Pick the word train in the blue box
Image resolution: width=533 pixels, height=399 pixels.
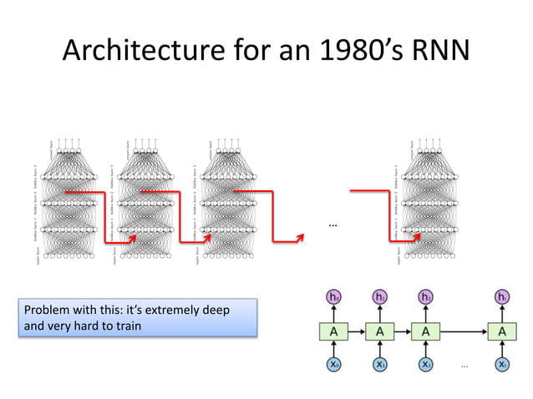click(124, 326)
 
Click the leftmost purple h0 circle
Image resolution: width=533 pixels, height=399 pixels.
click(334, 297)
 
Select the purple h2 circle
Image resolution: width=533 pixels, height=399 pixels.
click(426, 297)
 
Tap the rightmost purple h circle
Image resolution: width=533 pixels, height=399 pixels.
click(502, 297)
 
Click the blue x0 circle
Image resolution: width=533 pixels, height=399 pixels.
click(334, 364)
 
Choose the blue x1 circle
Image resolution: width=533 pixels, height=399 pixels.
click(380, 364)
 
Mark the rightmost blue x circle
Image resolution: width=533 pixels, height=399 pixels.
click(502, 364)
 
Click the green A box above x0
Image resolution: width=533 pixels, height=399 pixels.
click(334, 331)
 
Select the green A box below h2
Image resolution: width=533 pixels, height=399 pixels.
click(426, 331)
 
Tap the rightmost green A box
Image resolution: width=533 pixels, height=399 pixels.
click(502, 331)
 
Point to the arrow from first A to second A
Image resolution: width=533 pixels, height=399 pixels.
click(357, 331)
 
